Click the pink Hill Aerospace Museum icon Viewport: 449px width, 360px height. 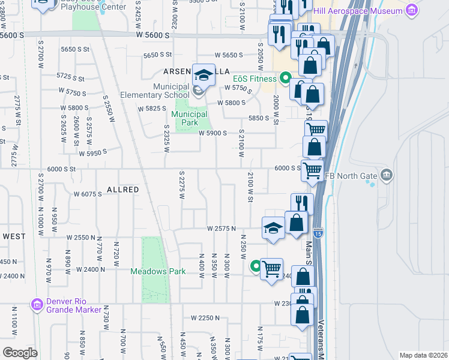pos(411,10)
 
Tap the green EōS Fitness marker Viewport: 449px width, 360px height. pos(285,79)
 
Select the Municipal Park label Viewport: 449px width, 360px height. pos(190,118)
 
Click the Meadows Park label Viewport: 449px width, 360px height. pos(158,271)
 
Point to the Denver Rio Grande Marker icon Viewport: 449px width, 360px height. pos(37,305)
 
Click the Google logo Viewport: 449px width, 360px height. pos(20,352)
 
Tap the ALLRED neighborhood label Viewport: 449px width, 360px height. pos(122,190)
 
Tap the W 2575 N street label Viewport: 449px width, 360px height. pos(221,229)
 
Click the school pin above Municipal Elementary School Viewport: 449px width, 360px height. pos(203,74)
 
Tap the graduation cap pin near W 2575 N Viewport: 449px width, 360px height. pos(273,228)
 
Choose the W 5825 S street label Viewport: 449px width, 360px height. pos(152,109)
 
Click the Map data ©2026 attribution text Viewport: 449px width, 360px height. pos(423,355)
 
